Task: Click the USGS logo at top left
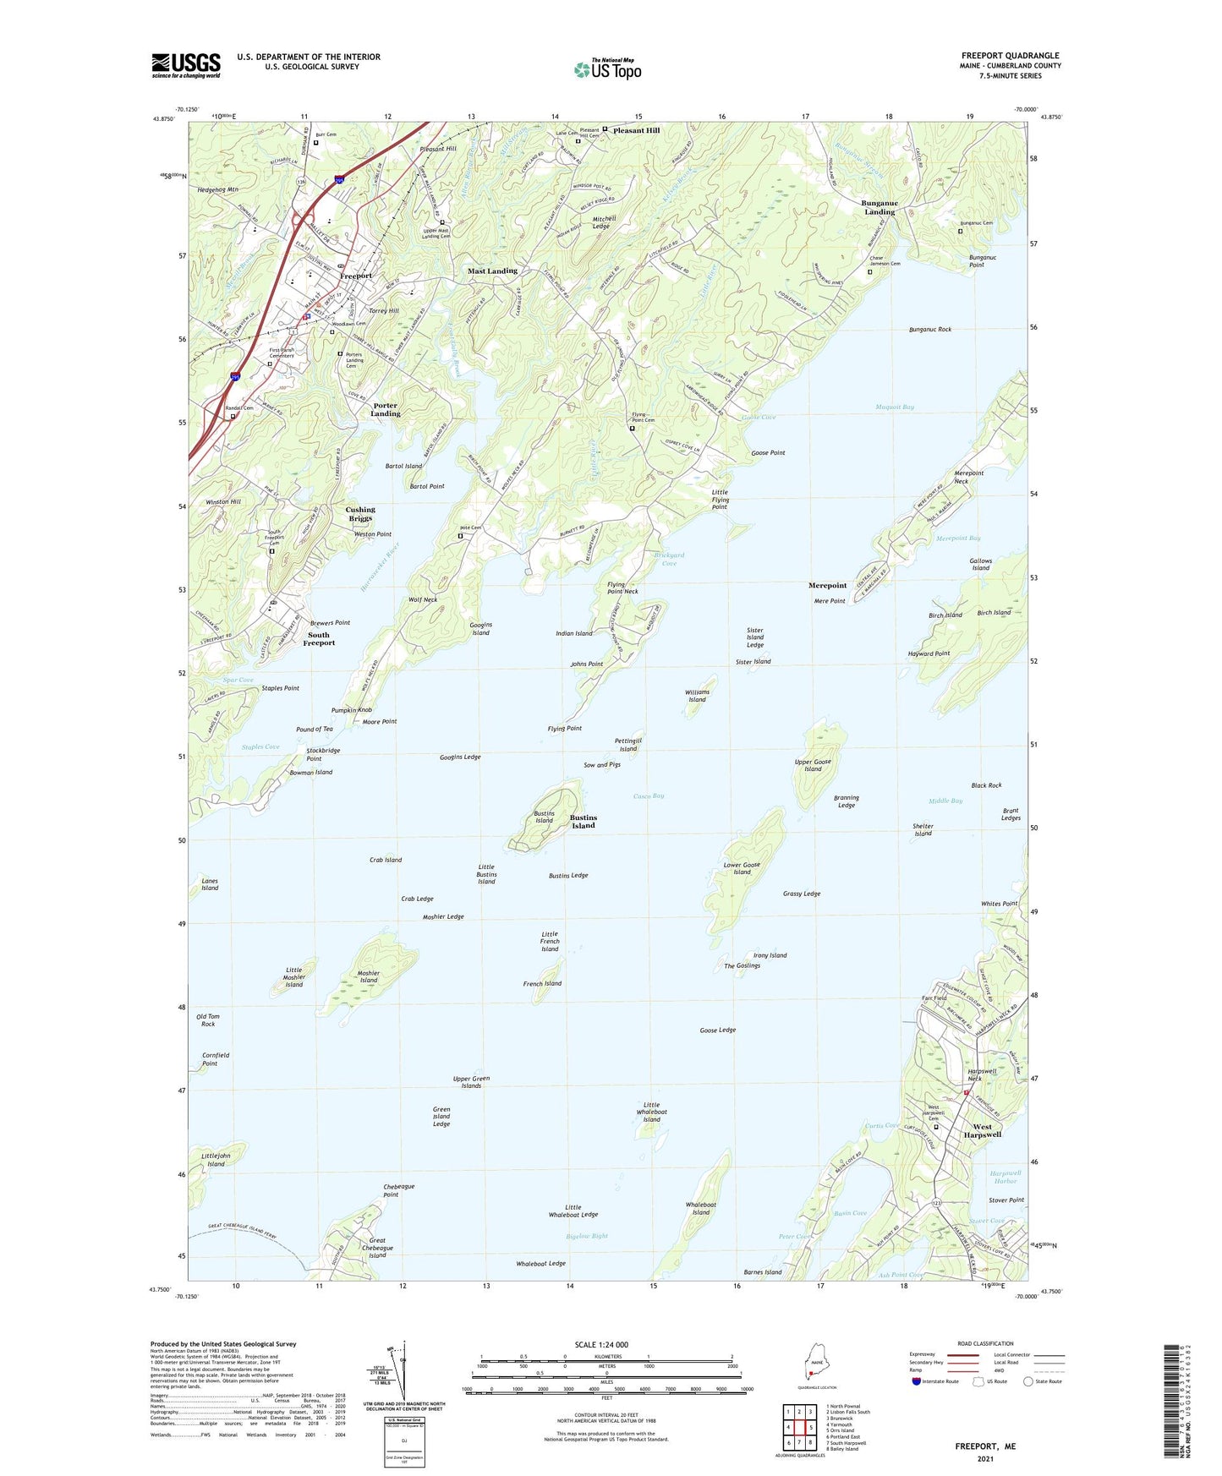coord(185,65)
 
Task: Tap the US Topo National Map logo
coord(607,68)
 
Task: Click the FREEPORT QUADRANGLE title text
coord(1010,56)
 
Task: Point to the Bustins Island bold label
coord(583,822)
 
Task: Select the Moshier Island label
coord(368,976)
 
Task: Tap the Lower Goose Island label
coord(742,868)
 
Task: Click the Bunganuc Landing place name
coord(879,207)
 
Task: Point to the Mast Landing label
coord(492,271)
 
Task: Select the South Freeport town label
coord(320,639)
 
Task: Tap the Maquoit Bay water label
coord(895,407)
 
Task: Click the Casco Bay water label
coord(649,795)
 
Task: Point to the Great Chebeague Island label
coord(377,1248)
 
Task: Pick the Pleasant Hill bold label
coord(636,131)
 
